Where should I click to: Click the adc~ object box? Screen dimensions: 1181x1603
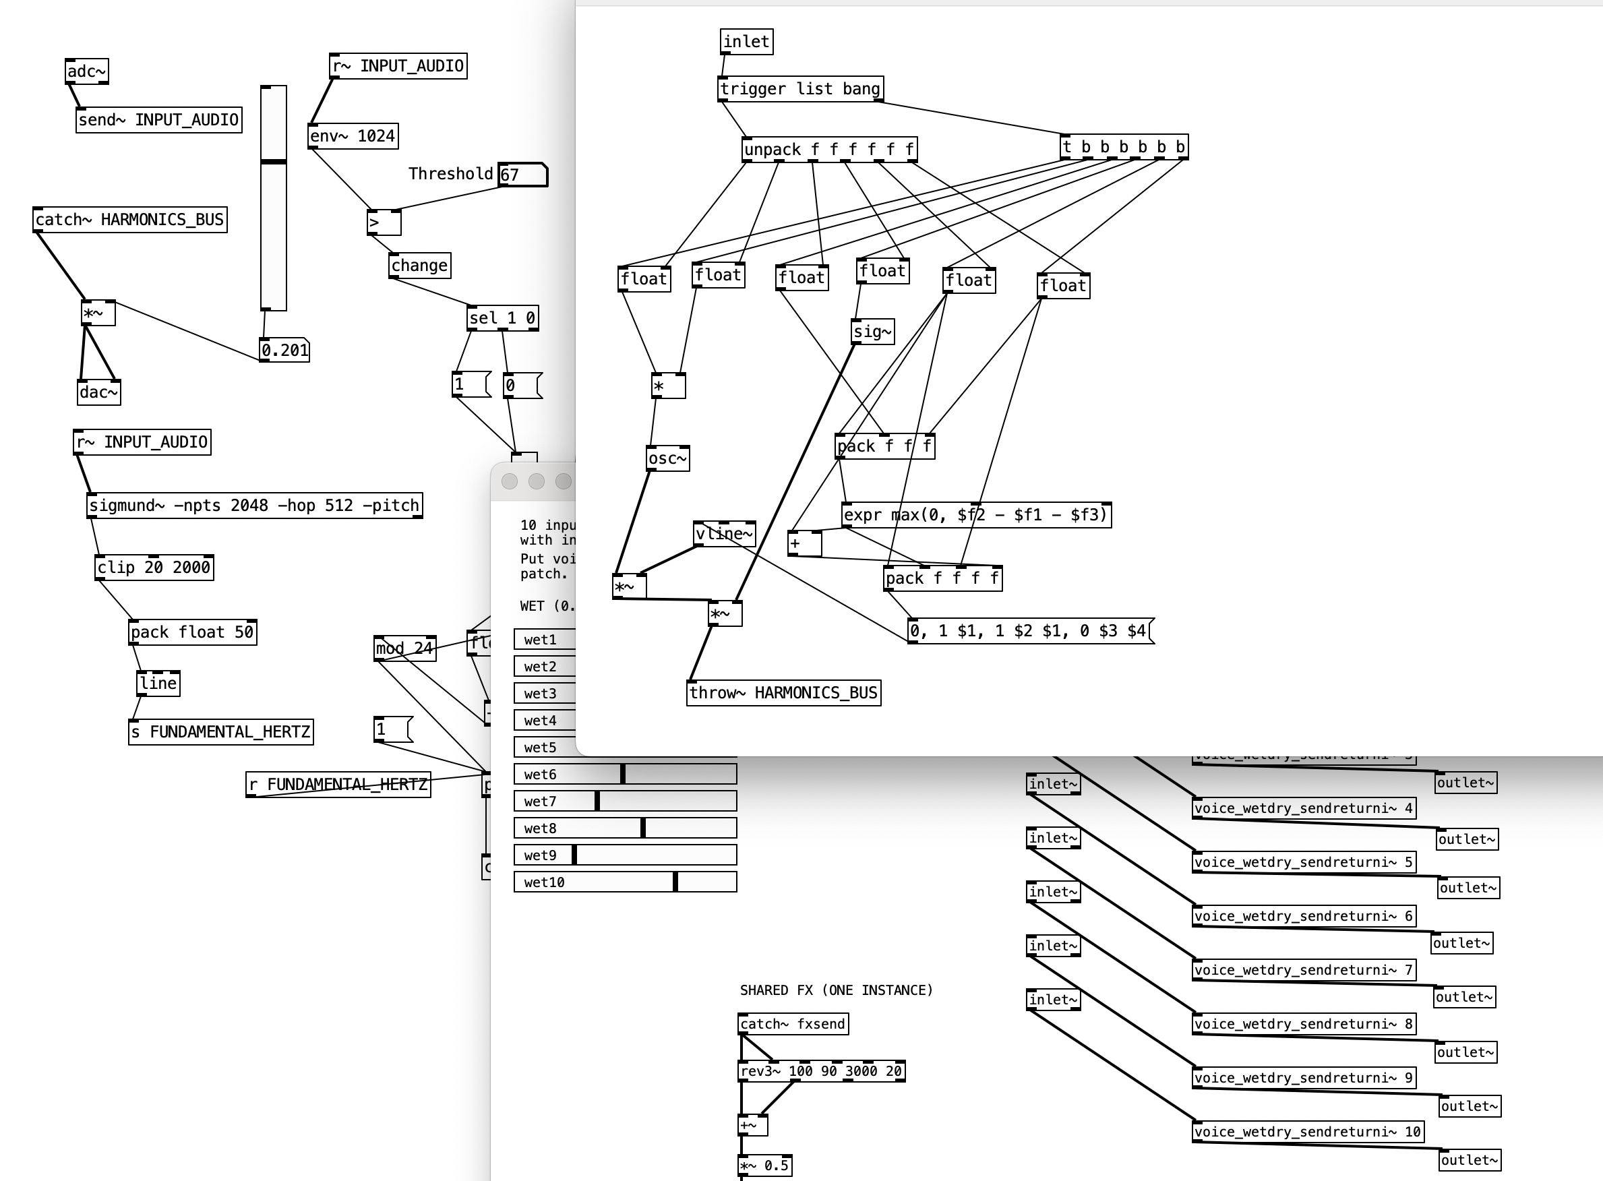tap(86, 71)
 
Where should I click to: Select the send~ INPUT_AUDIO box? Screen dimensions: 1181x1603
tap(158, 120)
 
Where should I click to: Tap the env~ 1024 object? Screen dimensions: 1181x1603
tap(353, 136)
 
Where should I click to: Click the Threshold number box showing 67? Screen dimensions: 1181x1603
tap(522, 175)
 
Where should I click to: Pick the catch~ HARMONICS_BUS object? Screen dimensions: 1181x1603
tap(129, 220)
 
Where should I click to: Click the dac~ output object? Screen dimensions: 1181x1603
tap(98, 392)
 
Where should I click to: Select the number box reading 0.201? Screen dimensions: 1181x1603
tap(284, 351)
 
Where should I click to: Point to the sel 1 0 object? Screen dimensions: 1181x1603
tap(502, 318)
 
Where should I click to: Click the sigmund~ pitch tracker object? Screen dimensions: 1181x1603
tap(254, 506)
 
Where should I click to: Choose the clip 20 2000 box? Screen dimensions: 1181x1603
tap(154, 568)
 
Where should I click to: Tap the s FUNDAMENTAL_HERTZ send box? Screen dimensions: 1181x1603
tap(220, 732)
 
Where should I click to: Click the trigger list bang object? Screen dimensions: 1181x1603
tap(800, 90)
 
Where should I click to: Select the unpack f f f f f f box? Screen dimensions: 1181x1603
tap(829, 150)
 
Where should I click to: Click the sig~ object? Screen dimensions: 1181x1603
tap(872, 332)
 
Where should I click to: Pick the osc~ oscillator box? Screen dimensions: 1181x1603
tap(668, 458)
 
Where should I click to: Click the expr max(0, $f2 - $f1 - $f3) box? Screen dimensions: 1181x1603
tap(976, 515)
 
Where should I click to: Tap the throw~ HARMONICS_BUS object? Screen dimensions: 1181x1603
tap(783, 693)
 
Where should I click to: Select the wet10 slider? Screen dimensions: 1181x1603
tap(625, 882)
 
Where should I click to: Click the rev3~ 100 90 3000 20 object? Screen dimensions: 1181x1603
tap(821, 1071)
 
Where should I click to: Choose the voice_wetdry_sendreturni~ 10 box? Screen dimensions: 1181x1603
tap(1308, 1132)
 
